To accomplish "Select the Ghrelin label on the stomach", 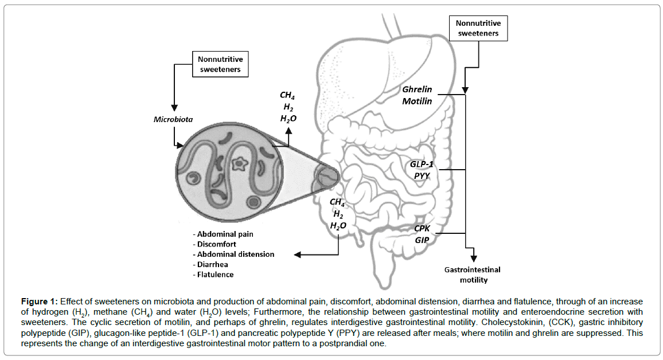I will coord(416,90).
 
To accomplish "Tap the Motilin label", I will coord(417,101).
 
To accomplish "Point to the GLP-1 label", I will coord(421,164).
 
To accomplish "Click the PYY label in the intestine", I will coord(422,175).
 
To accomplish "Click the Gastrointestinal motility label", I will coord(473,275).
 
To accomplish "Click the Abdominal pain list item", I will coord(224,234).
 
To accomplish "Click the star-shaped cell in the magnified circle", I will coord(237,165).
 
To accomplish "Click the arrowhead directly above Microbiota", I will coord(174,109).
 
